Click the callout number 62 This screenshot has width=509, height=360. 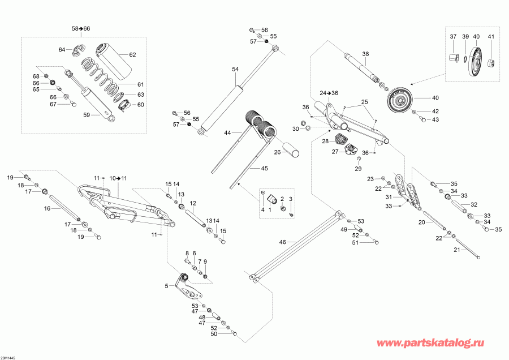click(132, 55)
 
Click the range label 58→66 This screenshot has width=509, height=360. click(81, 28)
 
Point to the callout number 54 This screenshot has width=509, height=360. click(236, 68)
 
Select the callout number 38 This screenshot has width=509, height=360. click(365, 54)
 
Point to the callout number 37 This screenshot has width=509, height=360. click(453, 37)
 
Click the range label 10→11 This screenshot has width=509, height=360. click(119, 178)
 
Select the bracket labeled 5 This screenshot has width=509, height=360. click(189, 288)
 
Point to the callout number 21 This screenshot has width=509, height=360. click(456, 249)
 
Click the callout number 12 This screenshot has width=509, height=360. click(193, 203)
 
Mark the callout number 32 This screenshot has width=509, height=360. click(474, 205)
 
